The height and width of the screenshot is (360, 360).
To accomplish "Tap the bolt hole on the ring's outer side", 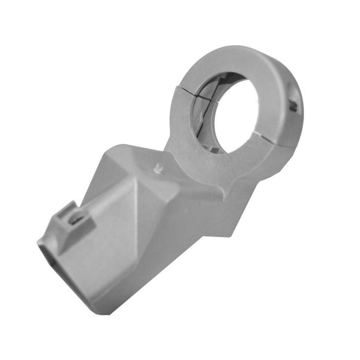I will point(294,104).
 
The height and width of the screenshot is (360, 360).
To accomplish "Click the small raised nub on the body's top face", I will point(158,168).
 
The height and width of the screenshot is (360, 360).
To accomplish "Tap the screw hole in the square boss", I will point(76,218).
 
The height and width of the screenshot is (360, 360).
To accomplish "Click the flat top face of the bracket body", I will point(144,159).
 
